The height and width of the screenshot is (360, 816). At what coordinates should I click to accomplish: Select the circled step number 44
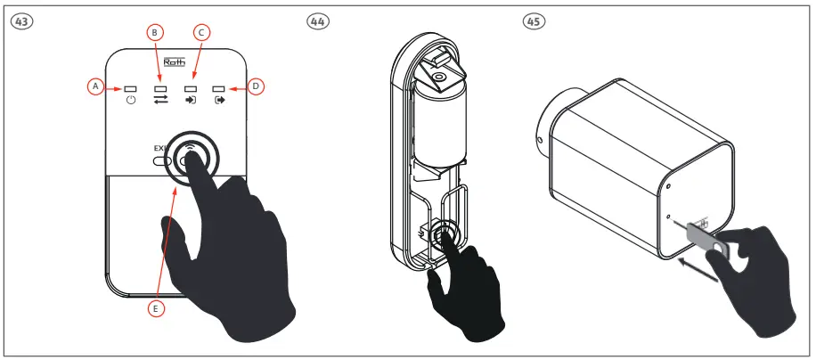click(315, 20)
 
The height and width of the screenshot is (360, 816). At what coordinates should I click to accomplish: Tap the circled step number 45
click(535, 20)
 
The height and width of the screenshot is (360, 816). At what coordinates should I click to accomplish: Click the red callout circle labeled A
click(95, 86)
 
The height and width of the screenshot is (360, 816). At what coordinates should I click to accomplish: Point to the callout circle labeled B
click(155, 33)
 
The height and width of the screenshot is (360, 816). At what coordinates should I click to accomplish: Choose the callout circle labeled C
click(201, 33)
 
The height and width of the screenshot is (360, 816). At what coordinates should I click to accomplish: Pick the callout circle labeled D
click(256, 86)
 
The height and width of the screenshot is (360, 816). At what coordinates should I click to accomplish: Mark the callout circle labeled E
click(155, 309)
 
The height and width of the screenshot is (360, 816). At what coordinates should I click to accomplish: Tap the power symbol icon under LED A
click(131, 102)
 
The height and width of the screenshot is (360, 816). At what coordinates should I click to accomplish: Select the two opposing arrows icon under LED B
click(160, 102)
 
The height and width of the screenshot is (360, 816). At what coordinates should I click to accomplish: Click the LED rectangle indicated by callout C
click(190, 88)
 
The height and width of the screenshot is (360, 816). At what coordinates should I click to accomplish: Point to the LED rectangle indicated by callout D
click(219, 88)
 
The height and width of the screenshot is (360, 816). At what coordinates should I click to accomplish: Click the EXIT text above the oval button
click(160, 148)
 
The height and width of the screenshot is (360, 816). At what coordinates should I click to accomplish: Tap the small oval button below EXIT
click(162, 162)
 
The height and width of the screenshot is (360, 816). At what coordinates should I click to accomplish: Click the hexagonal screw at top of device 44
click(437, 78)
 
